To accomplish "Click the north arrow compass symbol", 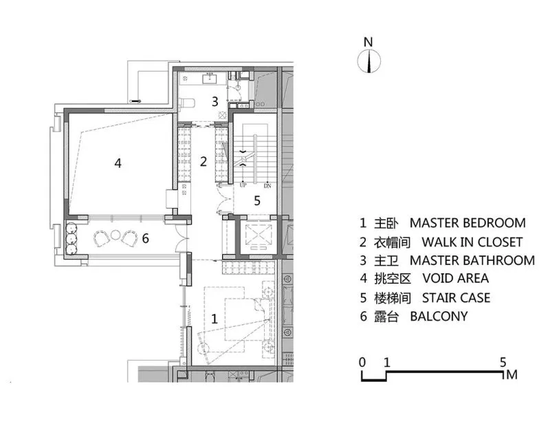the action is coord(369,61).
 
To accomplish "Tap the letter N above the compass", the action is coord(368,42).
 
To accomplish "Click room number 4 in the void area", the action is coord(118,163).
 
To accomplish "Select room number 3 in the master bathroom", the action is coord(214,101).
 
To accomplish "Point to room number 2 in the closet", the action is coord(203,162).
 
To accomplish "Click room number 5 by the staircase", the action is coord(257,201).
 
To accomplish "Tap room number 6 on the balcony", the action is coord(145,238).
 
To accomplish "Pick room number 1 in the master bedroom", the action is coord(214,319).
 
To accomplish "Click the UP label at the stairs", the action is coord(243,185).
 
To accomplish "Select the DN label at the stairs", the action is coord(267,186).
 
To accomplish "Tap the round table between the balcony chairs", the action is coord(115,235).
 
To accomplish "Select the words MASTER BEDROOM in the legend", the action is coord(467,223).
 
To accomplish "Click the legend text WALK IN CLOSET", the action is coord(472,242).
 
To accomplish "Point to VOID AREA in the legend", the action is coord(456,278).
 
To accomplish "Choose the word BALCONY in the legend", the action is coord(439,317).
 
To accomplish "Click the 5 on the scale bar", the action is coord(503,362).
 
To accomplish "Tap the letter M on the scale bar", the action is coord(511,374).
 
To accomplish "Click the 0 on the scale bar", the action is coord(362,362).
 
